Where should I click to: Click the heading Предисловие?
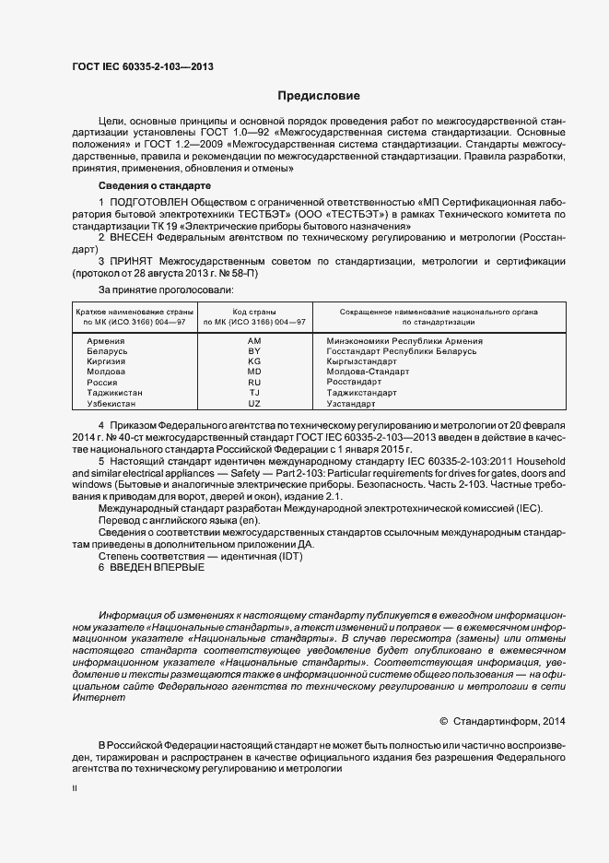pos(320,96)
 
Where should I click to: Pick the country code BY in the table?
pos(255,351)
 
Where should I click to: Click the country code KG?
pos(255,362)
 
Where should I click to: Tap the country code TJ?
pos(255,393)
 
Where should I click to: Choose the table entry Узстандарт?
pos(352,404)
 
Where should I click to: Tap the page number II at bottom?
pos(75,789)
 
